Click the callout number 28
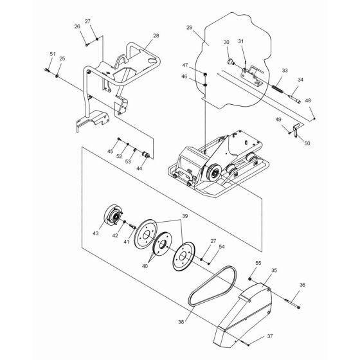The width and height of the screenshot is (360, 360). pyautogui.click(x=156, y=37)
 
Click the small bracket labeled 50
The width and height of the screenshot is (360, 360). pyautogui.click(x=296, y=133)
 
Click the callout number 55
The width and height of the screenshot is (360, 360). pyautogui.click(x=258, y=264)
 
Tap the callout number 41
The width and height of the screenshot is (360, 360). pyautogui.click(x=127, y=242)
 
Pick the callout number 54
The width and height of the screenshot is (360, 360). pyautogui.click(x=222, y=247)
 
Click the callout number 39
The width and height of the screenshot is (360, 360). pyautogui.click(x=185, y=217)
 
